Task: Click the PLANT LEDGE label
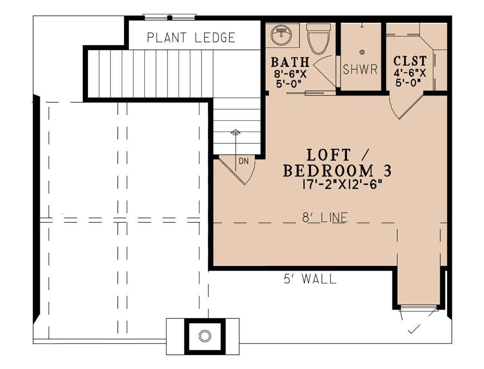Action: [x=191, y=38]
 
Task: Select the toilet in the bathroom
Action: [x=318, y=39]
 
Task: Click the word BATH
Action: [x=290, y=62]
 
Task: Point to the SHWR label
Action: [x=360, y=69]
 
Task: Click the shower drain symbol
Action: [x=362, y=52]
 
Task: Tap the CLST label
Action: [x=410, y=61]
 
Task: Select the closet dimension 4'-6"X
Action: [x=410, y=73]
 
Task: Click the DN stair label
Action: [x=244, y=162]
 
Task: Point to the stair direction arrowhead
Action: [x=236, y=131]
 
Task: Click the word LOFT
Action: [x=329, y=155]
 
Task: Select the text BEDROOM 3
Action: [x=337, y=171]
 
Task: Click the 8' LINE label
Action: [x=325, y=217]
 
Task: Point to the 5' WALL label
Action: [x=310, y=279]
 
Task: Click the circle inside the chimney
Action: [x=204, y=336]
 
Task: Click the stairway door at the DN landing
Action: [x=231, y=171]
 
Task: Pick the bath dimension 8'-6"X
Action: [x=290, y=74]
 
